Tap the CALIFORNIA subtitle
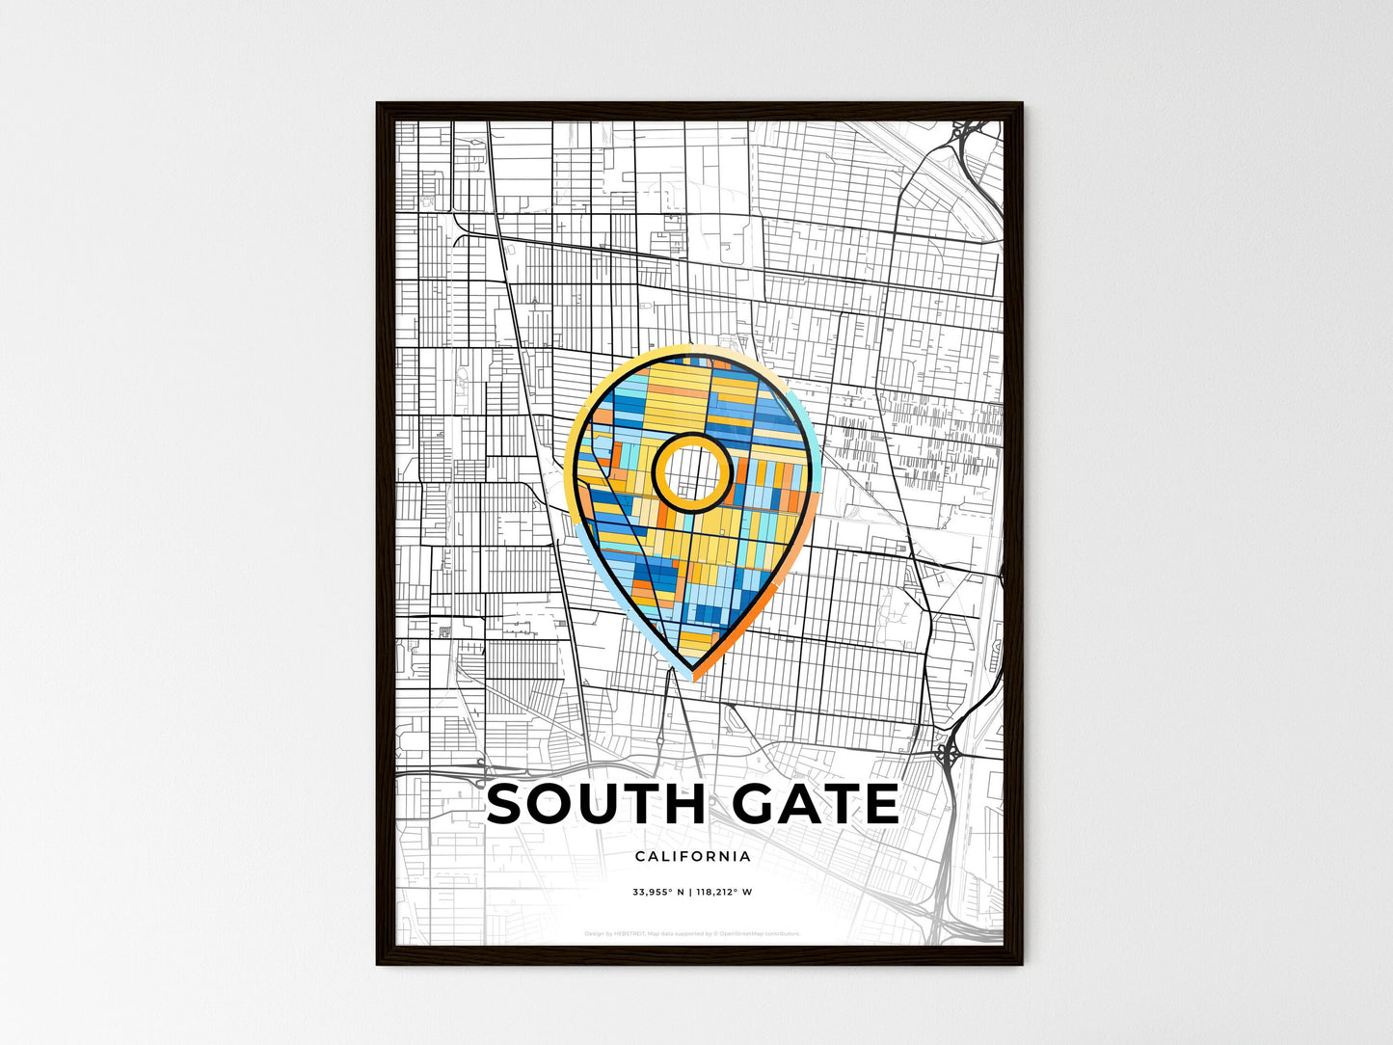coord(693,856)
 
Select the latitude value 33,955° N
coord(657,893)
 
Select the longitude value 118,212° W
coord(724,893)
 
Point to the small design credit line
coord(692,933)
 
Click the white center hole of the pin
coord(692,471)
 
